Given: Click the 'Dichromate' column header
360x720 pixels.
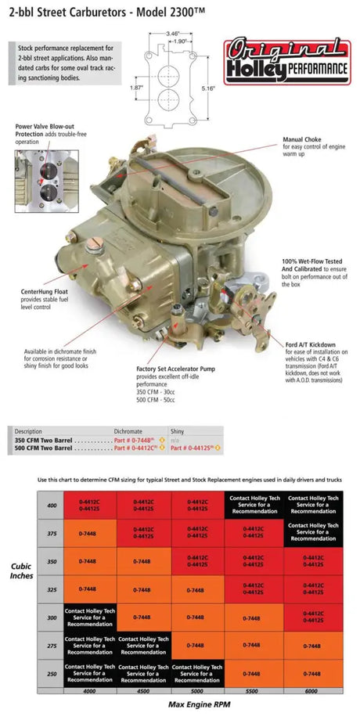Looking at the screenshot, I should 129,431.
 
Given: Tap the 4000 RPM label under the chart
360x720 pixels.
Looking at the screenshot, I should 90,691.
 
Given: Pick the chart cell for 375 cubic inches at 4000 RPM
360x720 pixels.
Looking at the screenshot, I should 88,533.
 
